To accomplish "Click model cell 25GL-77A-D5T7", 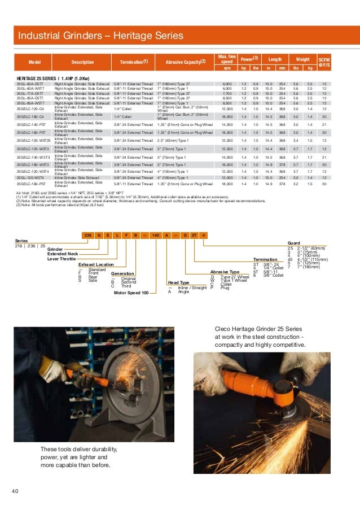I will point(33,93).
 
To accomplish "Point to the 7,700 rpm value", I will point(227,93).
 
